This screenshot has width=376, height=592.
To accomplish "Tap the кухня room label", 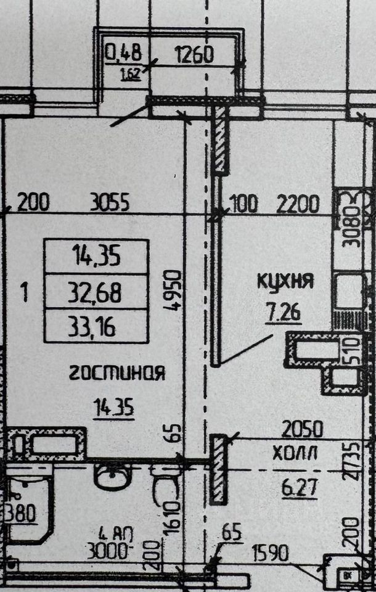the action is pyautogui.click(x=285, y=282).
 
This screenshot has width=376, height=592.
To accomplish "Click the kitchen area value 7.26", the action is pyautogui.click(x=284, y=313).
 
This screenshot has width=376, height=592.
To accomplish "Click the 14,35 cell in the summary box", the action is pyautogui.click(x=96, y=255).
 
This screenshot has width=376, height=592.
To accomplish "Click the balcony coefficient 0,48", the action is pyautogui.click(x=124, y=54).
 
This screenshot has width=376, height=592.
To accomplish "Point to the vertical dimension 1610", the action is pyautogui.click(x=174, y=517).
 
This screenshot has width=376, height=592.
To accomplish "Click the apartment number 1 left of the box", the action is pyautogui.click(x=24, y=290).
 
